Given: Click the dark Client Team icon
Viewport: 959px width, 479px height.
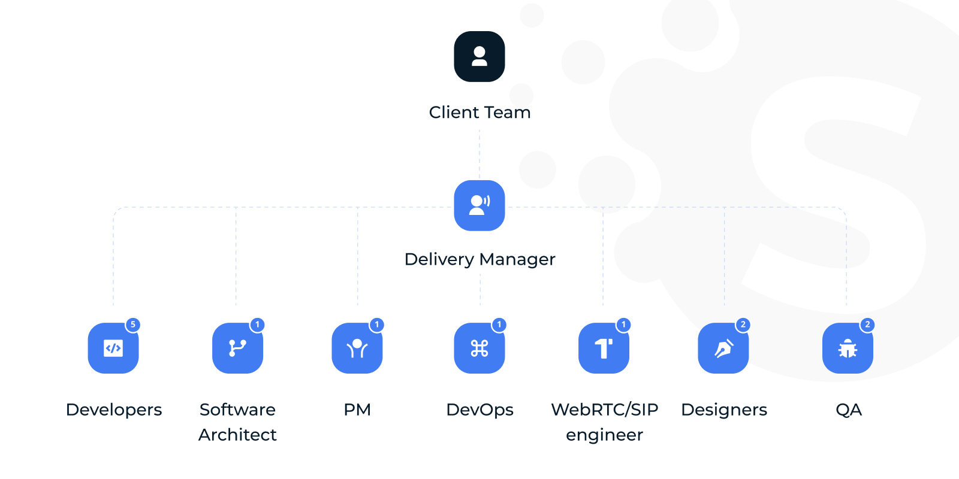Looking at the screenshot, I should pos(479,57).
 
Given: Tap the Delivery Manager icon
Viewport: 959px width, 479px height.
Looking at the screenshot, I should pos(479,205).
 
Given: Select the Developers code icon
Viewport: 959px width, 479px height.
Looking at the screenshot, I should pos(113,348).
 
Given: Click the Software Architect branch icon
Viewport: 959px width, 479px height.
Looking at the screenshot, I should pos(237,348).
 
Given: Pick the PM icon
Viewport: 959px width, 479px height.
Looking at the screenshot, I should pos(357,348).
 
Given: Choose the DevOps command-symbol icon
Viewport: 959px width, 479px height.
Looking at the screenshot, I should pos(479,348).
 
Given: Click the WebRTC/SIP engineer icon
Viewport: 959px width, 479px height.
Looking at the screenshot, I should pos(604,348).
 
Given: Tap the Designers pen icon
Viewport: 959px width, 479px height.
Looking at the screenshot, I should pos(723,348).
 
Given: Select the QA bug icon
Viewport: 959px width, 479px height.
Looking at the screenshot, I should pos(848,348).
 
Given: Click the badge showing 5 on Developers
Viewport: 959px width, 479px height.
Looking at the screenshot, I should pos(133,325).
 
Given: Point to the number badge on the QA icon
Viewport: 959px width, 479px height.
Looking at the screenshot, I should pos(867,325).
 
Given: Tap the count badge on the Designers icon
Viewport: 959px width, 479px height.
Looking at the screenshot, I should pos(743,325).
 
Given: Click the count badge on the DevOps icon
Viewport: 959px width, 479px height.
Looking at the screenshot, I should pos(499,325).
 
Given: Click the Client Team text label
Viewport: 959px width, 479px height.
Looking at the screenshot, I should pos(479,113).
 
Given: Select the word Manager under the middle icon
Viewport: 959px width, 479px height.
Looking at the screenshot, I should pos(517,259).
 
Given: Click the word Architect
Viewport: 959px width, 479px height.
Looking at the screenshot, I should pos(237,435).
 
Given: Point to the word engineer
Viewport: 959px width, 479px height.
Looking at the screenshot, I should pos(604,435).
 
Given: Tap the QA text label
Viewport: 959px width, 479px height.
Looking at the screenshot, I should pos(849,410).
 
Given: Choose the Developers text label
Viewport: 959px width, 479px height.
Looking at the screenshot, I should pos(114,410).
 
